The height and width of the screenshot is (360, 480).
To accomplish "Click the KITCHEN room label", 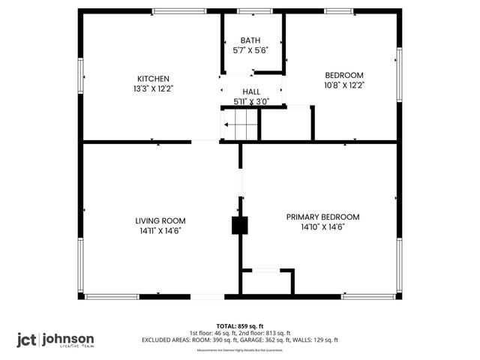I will pyautogui.click(x=152, y=79).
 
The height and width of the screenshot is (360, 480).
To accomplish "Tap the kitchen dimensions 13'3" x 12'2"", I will pyautogui.click(x=152, y=88).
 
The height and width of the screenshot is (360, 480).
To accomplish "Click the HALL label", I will pyautogui.click(x=250, y=91).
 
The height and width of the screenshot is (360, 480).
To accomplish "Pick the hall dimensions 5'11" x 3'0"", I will pyautogui.click(x=250, y=100).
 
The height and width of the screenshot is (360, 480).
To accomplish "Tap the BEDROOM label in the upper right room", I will pyautogui.click(x=343, y=75).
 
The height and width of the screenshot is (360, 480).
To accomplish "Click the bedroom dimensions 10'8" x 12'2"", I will pyautogui.click(x=343, y=85).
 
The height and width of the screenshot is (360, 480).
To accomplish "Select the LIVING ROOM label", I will pyautogui.click(x=160, y=220).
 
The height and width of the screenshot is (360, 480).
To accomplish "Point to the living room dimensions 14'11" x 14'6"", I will pyautogui.click(x=160, y=231).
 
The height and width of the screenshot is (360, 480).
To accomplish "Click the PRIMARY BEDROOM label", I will pyautogui.click(x=322, y=217).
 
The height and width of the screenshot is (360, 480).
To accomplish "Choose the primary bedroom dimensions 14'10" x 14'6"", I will pyautogui.click(x=322, y=227).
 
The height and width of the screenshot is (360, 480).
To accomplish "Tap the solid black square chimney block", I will pyautogui.click(x=239, y=226).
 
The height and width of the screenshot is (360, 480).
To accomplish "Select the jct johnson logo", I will pyautogui.click(x=56, y=339).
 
